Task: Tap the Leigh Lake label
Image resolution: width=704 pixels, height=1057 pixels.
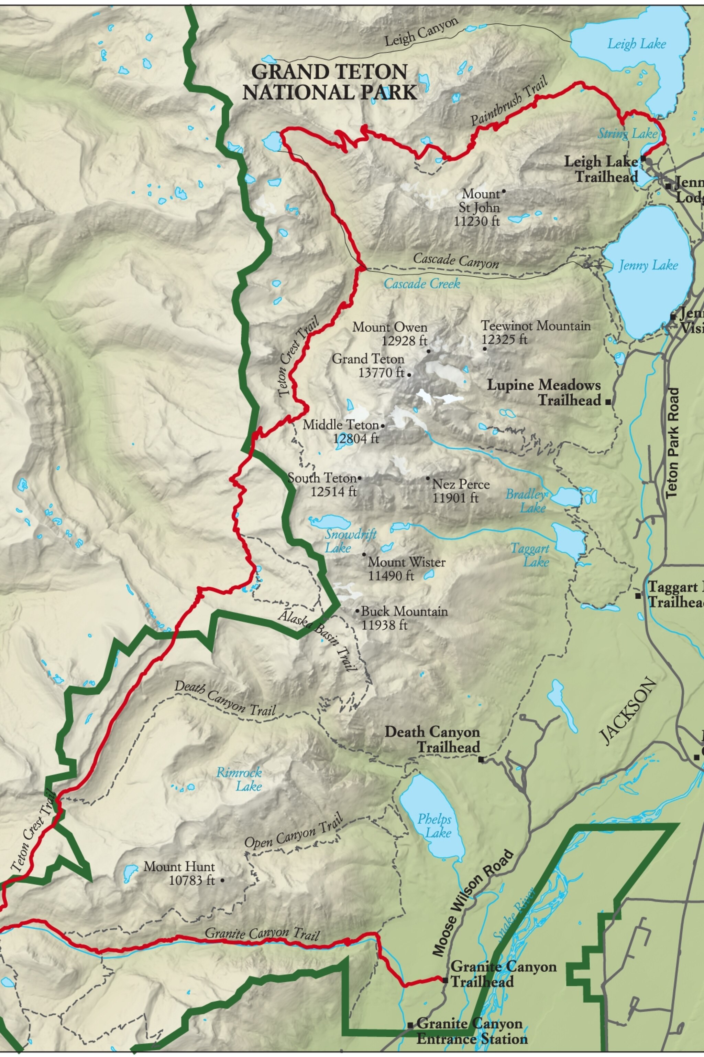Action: [x=636, y=44]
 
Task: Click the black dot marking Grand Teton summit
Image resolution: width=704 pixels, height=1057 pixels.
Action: [x=409, y=373]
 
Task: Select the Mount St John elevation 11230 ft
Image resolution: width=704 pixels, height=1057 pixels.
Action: [x=476, y=221]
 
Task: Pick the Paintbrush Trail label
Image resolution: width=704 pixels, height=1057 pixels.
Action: [x=509, y=102]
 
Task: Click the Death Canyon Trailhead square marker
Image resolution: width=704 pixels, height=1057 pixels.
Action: [x=481, y=759]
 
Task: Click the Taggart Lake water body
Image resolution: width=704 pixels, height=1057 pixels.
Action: [x=569, y=541]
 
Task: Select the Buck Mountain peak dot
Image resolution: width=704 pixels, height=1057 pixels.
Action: [x=357, y=611]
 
